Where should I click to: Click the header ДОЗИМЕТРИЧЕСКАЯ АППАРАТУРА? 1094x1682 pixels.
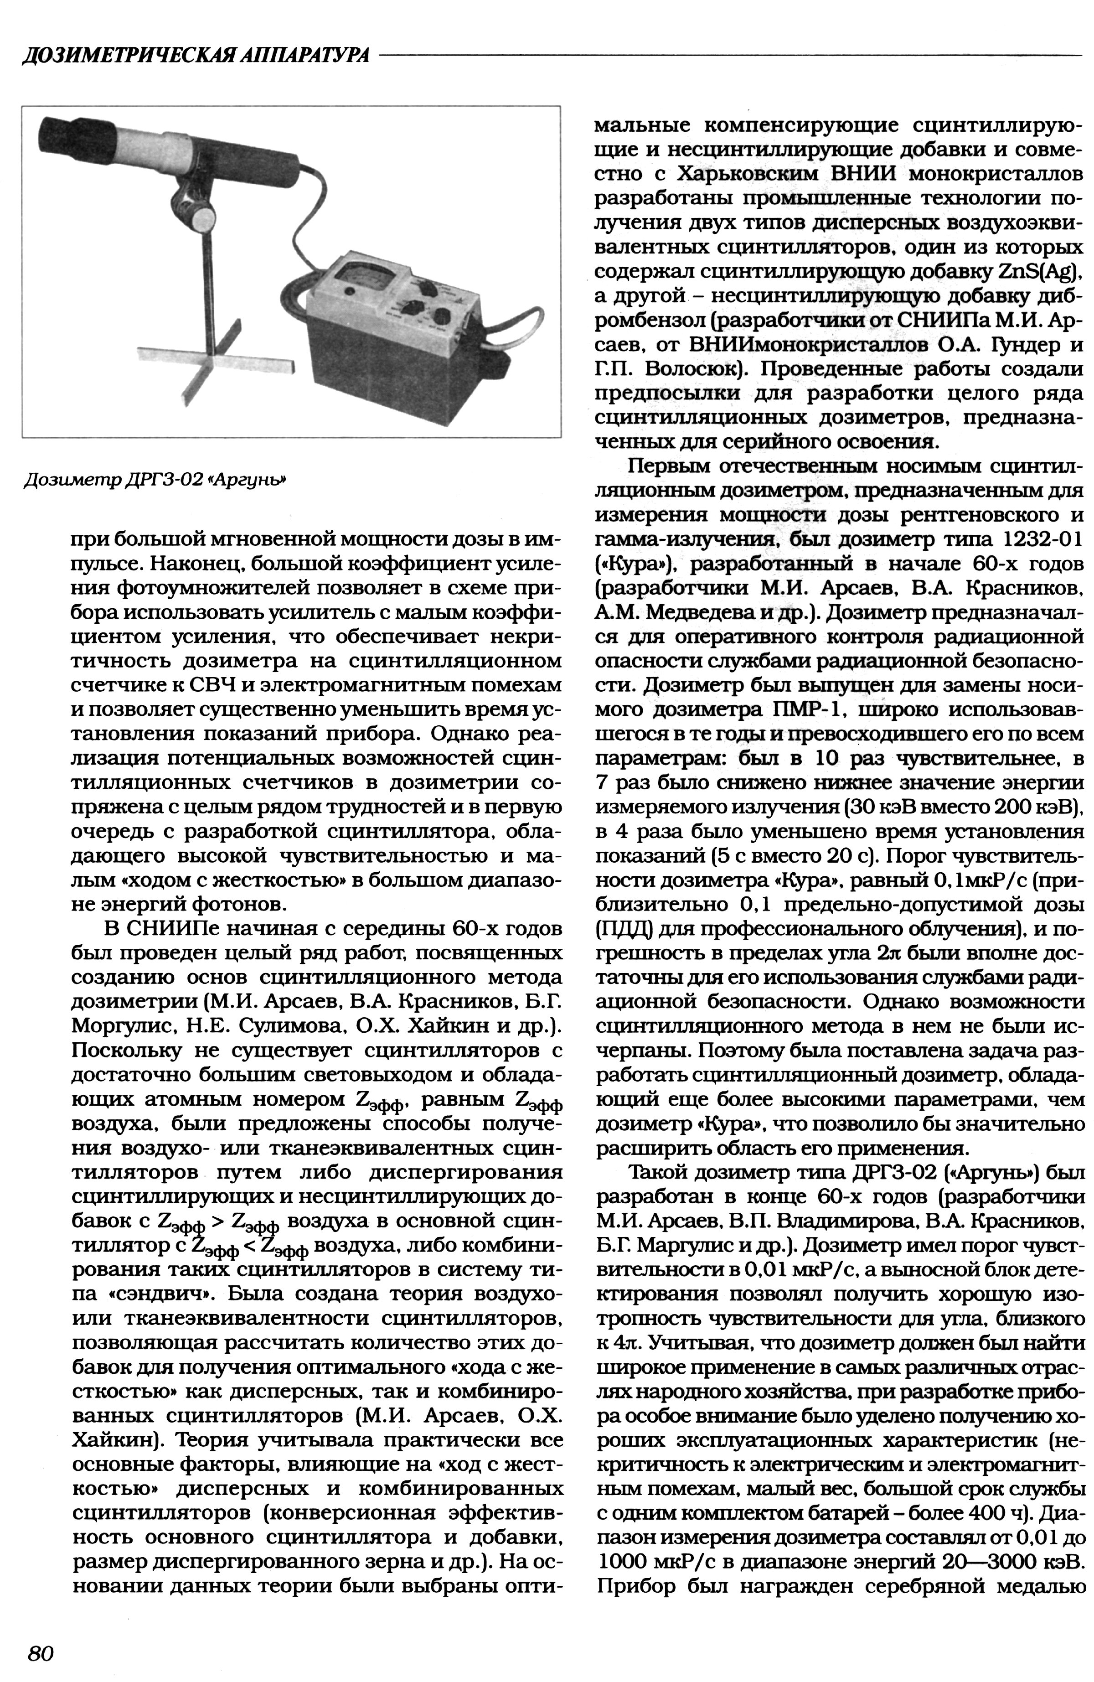click(195, 56)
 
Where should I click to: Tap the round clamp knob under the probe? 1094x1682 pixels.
click(203, 216)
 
